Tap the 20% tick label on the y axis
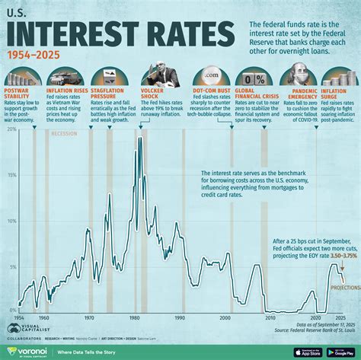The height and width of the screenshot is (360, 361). (x=11, y=129)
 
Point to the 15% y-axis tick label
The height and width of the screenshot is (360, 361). (x=11, y=175)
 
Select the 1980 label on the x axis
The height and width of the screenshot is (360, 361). (x=135, y=317)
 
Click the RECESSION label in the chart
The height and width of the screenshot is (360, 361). (x=65, y=134)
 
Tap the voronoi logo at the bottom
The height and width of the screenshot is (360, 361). (x=27, y=351)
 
